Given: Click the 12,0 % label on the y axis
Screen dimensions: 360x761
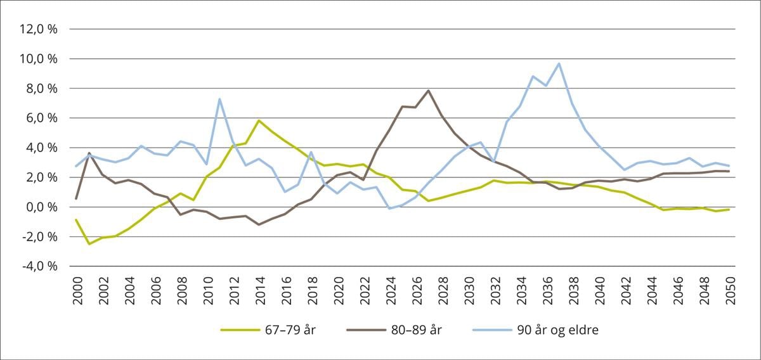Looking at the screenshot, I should pos(39,29).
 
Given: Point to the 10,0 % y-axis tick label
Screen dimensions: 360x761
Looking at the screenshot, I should pos(39,59).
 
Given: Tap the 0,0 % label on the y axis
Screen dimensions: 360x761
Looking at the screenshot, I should pos(41,207).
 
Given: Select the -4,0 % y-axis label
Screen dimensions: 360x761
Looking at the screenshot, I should pos(40,266).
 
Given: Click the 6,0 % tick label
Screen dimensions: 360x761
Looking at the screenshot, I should pos(41,118).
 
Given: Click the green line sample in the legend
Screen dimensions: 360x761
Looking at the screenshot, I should pos(240,330).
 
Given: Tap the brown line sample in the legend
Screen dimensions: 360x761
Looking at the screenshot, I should pos(367,330).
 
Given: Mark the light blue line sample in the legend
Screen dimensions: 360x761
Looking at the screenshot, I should pos(493,330).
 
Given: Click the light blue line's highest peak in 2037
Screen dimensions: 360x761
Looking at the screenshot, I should pos(559,63).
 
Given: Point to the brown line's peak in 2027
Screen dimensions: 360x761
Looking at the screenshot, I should pos(429,91).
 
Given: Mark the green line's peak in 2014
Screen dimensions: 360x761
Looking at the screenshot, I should pos(259,120).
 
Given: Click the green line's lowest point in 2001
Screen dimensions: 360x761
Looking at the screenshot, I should pos(89,244).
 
